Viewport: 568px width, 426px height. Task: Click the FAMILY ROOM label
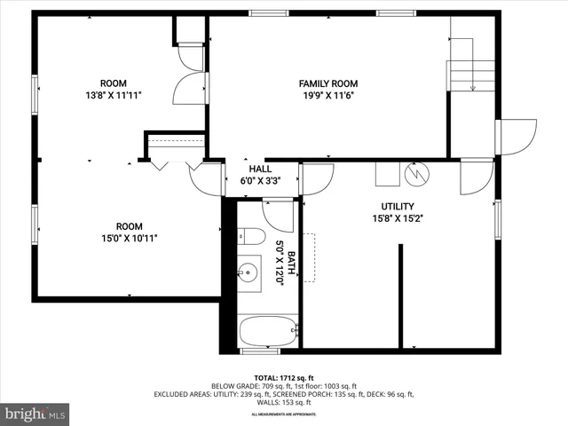point(327,83)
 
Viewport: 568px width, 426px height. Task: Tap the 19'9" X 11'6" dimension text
point(327,96)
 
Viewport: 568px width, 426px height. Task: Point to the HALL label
point(260,169)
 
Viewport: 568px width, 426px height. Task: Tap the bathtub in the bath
point(267,333)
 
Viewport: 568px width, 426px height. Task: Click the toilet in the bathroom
point(252,238)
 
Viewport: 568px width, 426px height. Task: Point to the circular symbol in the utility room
point(415,173)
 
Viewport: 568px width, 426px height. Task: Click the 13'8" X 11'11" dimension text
point(113,94)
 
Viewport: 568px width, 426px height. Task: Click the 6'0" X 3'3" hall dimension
point(260,180)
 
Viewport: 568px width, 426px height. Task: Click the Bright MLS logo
point(35,414)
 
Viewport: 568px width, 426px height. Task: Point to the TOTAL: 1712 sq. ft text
point(283,377)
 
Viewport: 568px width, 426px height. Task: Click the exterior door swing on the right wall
point(517,136)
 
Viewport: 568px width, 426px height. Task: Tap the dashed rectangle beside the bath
point(310,257)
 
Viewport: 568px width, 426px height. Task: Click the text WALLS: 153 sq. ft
point(283,401)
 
